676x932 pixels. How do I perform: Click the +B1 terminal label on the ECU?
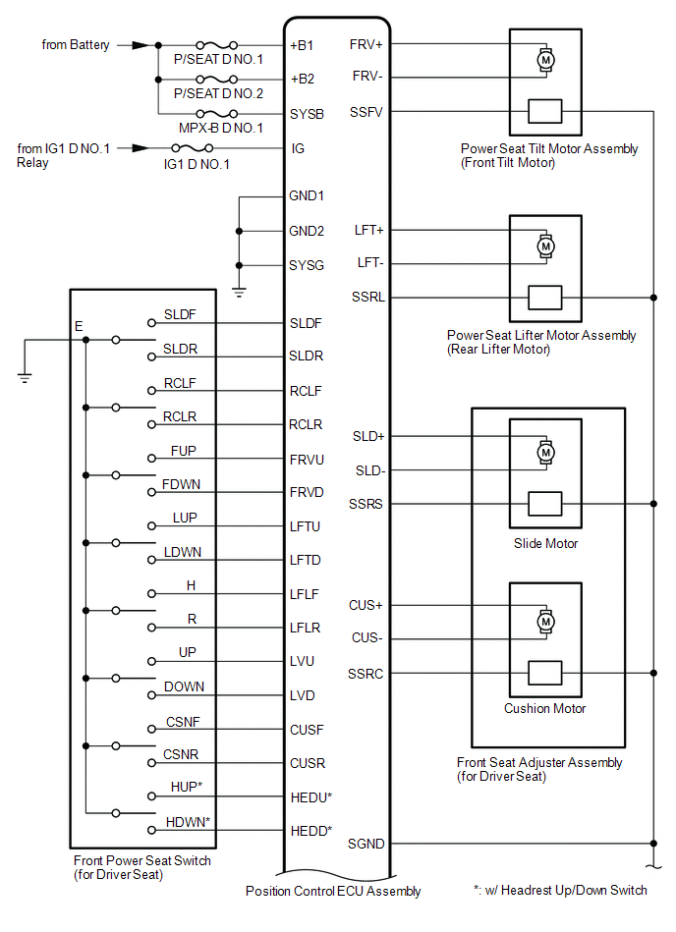click(301, 45)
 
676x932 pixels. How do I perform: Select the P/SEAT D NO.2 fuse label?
click(218, 93)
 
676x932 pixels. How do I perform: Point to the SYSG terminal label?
click(307, 265)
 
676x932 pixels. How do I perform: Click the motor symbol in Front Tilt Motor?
click(543, 60)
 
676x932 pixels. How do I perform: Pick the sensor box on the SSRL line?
click(544, 297)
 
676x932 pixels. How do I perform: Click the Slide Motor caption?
click(545, 543)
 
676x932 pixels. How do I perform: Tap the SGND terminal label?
click(366, 844)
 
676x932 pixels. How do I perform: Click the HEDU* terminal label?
click(310, 796)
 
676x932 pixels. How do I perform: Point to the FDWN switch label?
click(184, 484)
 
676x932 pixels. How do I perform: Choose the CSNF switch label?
click(183, 722)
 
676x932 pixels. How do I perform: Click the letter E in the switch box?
click(79, 325)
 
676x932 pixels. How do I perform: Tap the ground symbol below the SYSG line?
click(238, 290)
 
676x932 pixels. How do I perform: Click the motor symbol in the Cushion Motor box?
click(543, 621)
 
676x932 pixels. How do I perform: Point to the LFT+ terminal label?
click(368, 230)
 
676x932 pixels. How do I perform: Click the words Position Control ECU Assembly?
click(333, 892)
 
